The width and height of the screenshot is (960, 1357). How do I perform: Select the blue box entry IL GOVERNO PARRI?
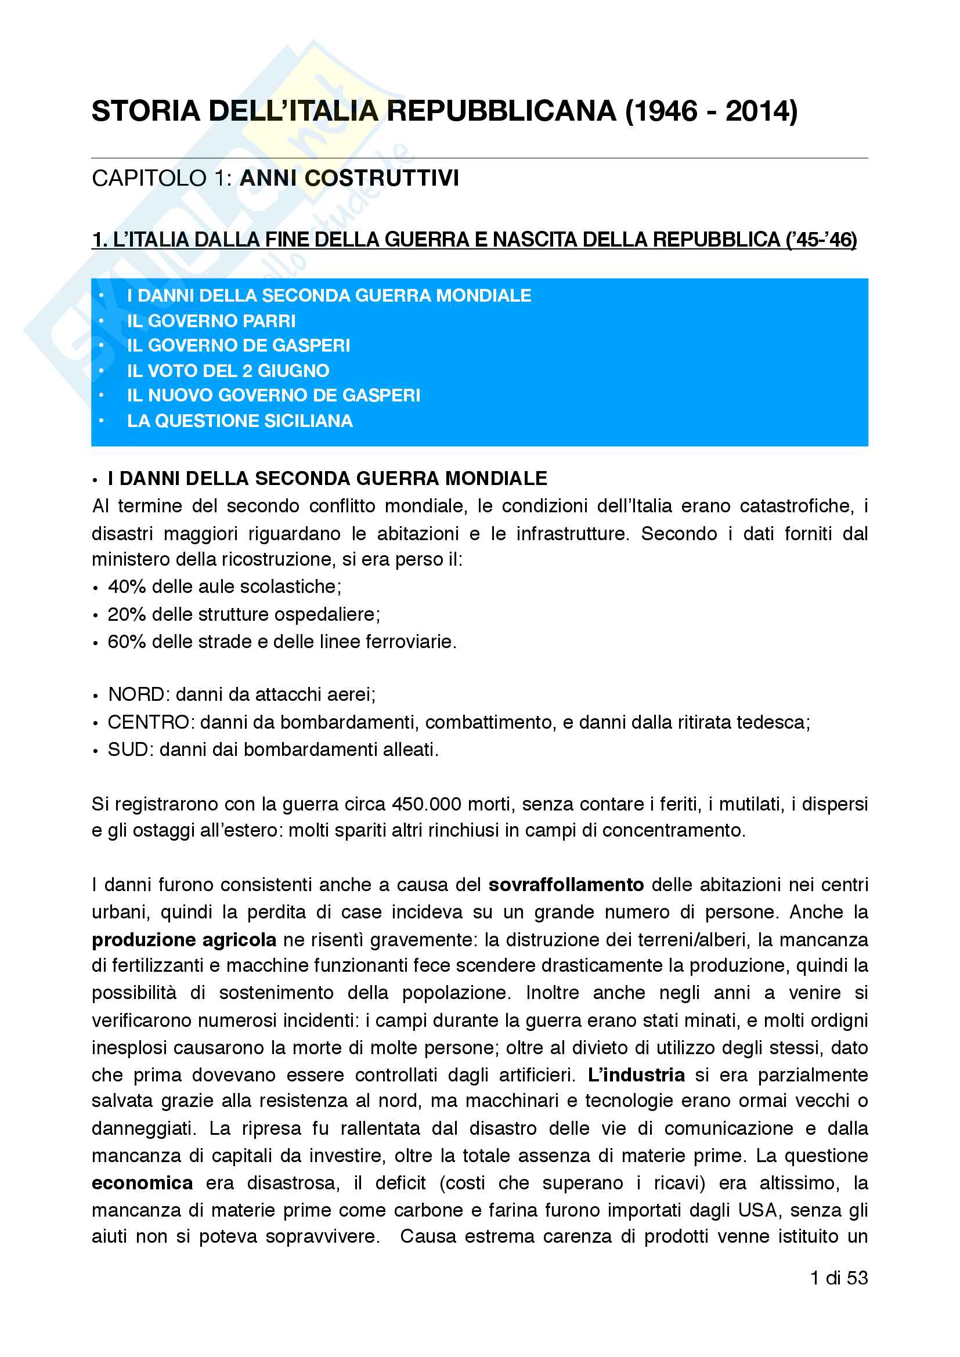pyautogui.click(x=211, y=321)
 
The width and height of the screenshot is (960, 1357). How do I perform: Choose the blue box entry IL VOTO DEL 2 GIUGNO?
pyautogui.click(x=228, y=371)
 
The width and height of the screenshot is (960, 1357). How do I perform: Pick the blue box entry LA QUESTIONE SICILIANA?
pyautogui.click(x=239, y=421)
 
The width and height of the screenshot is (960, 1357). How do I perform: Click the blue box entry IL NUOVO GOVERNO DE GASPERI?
pyautogui.click(x=274, y=396)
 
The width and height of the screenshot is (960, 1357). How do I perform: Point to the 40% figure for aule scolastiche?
pyautogui.click(x=127, y=587)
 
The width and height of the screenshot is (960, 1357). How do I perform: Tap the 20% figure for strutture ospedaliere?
pyautogui.click(x=127, y=614)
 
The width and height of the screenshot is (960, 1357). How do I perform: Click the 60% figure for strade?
pyautogui.click(x=127, y=642)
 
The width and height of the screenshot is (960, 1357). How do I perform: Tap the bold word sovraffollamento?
pyautogui.click(x=566, y=885)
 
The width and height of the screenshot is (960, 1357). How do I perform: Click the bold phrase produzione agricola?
pyautogui.click(x=184, y=940)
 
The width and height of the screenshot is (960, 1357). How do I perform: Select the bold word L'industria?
pyautogui.click(x=636, y=1075)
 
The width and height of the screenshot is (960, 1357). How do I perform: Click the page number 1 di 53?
pyautogui.click(x=839, y=1278)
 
